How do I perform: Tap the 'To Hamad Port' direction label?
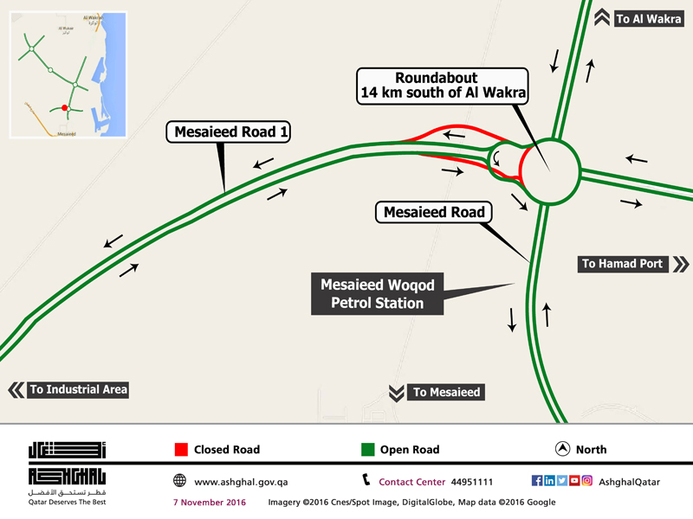622,264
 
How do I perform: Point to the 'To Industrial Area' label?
78,389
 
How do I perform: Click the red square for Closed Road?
181,450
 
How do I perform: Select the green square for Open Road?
367,450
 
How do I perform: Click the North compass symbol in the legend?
561,449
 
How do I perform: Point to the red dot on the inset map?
64,107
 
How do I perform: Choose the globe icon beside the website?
179,481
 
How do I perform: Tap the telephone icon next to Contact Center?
366,481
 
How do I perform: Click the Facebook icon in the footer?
537,481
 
